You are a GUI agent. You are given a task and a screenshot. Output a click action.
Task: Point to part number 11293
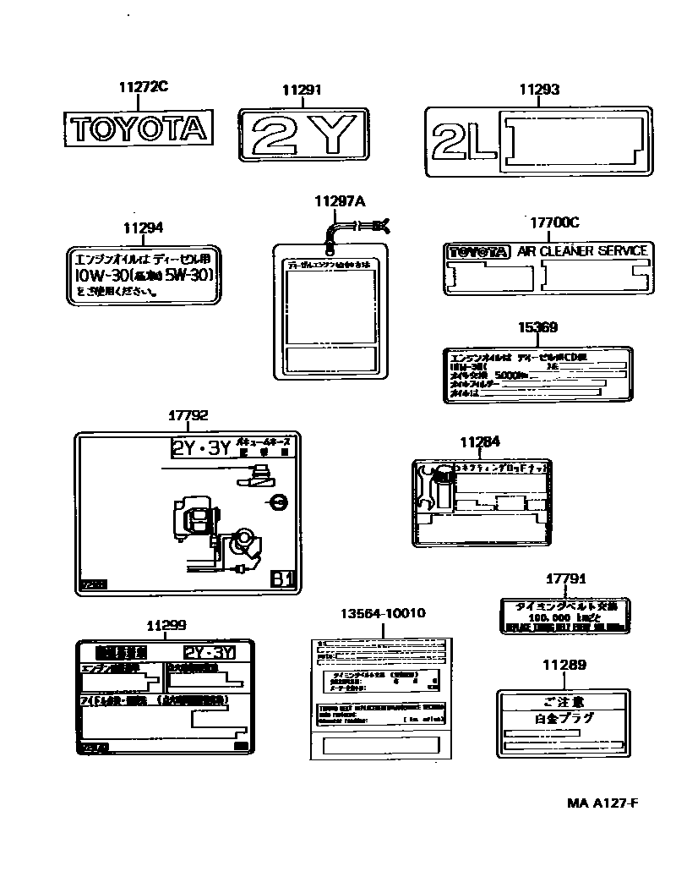click(539, 90)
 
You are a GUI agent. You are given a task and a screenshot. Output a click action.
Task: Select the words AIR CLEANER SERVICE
click(582, 251)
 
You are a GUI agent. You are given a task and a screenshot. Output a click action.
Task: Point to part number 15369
click(537, 327)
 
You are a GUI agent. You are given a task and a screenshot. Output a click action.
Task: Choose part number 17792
click(188, 416)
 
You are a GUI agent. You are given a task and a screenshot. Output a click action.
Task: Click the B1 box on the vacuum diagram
click(282, 579)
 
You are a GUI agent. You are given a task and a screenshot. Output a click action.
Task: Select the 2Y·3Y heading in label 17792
click(201, 448)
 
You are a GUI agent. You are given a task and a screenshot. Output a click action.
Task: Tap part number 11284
click(480, 441)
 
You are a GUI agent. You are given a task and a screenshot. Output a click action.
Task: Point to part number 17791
click(565, 578)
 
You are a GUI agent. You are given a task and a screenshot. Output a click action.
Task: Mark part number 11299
click(166, 625)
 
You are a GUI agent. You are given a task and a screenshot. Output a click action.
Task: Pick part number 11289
click(565, 665)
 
